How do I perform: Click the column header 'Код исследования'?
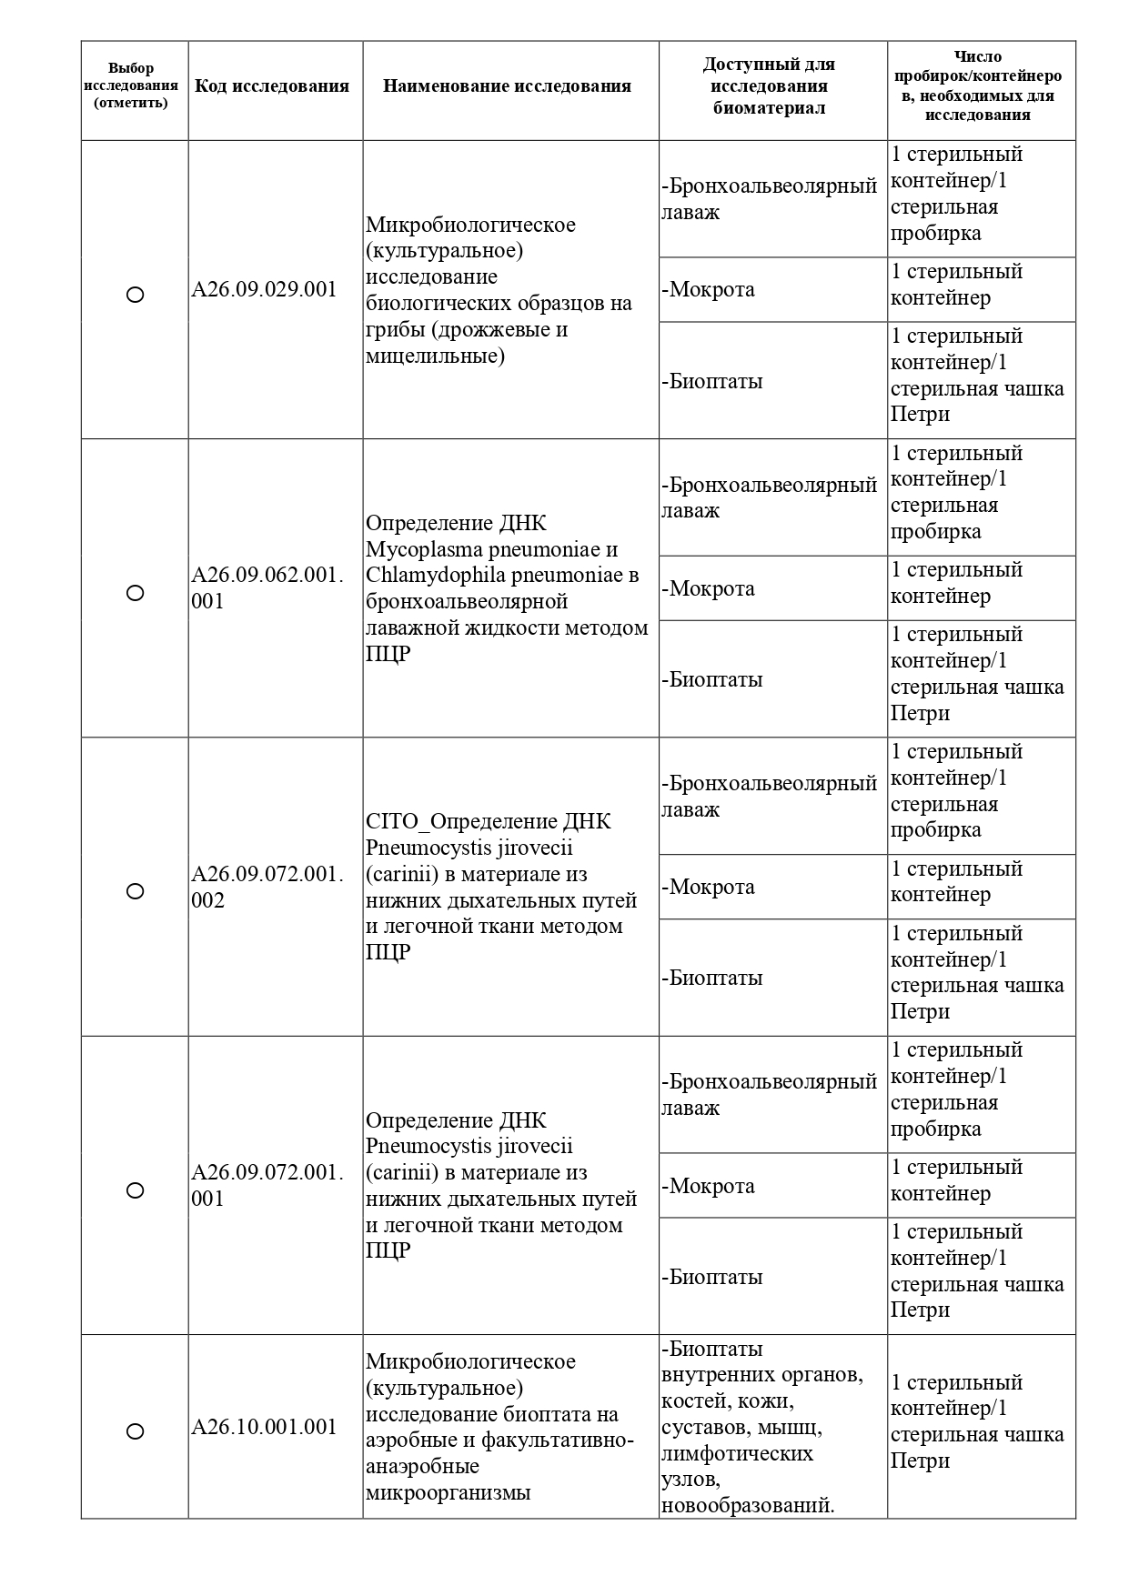pyautogui.click(x=272, y=86)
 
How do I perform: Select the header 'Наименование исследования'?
pyautogui.click(x=507, y=86)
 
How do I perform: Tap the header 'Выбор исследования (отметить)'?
pyautogui.click(x=131, y=85)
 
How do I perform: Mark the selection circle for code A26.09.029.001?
pyautogui.click(x=135, y=295)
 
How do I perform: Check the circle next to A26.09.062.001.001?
pyautogui.click(x=135, y=593)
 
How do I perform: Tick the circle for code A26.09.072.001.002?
pyautogui.click(x=135, y=891)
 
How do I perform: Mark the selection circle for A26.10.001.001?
pyautogui.click(x=135, y=1431)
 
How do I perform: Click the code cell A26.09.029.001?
pyautogui.click(x=264, y=290)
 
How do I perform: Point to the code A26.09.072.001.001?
pyautogui.click(x=267, y=1186)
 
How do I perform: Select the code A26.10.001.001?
pyautogui.click(x=264, y=1427)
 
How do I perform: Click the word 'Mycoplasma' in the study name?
pyautogui.click(x=419, y=549)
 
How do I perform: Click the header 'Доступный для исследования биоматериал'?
pyautogui.click(x=769, y=86)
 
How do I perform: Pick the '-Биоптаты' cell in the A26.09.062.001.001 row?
pyautogui.click(x=711, y=679)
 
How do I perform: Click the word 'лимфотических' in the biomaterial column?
pyautogui.click(x=738, y=1453)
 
